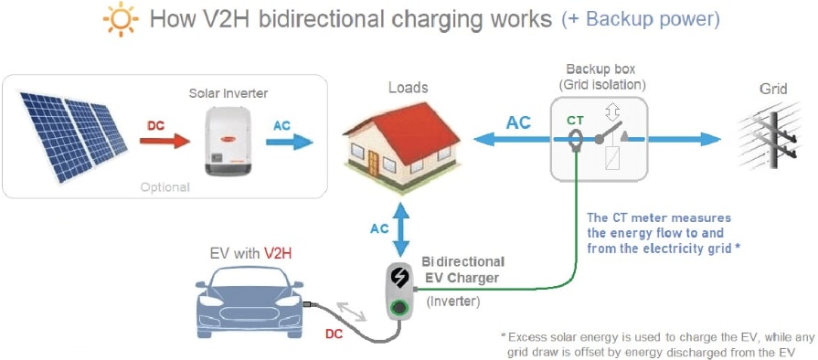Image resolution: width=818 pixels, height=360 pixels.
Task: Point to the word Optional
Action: click(165, 187)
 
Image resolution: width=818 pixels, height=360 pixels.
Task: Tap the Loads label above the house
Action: click(408, 89)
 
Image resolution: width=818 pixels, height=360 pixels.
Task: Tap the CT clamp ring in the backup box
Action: click(578, 142)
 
